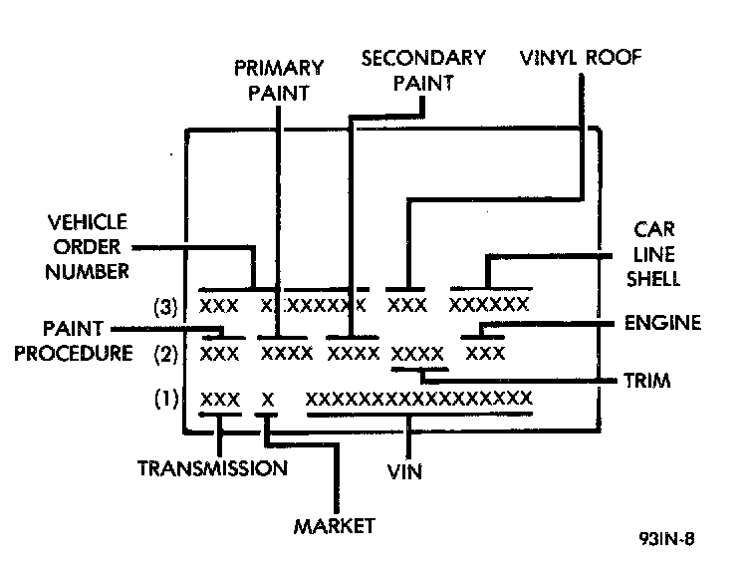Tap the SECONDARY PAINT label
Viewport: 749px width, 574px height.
tap(423, 70)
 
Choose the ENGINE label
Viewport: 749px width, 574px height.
tap(662, 323)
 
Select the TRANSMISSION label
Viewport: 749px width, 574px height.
tap(213, 467)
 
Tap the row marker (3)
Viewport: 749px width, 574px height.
tap(166, 307)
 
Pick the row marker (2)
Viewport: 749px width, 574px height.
tap(166, 352)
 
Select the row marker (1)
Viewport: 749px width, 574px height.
tap(166, 400)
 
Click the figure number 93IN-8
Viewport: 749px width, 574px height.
tap(665, 541)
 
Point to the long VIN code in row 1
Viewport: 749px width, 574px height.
tap(418, 399)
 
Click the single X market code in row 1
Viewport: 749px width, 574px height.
tap(267, 399)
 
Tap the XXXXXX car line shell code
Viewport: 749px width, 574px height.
tap(488, 304)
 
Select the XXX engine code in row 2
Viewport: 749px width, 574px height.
tap(486, 353)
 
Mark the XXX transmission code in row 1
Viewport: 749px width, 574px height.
tap(220, 399)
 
